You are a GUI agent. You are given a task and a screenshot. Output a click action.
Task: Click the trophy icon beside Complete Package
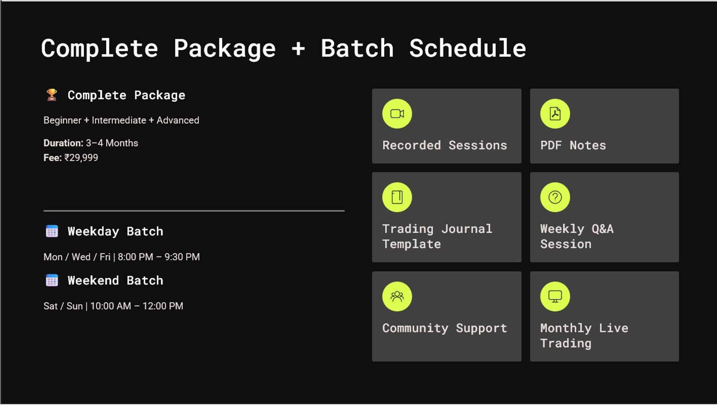[x=51, y=95]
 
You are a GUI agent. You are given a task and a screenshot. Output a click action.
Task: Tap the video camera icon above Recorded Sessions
[x=397, y=114]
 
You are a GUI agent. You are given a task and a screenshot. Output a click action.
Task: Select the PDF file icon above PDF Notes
[x=555, y=114]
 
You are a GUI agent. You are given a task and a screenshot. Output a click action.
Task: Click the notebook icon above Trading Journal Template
[x=397, y=197]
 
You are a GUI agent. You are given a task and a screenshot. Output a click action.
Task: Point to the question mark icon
[x=555, y=197]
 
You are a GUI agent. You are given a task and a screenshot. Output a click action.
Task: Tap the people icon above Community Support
[x=397, y=296]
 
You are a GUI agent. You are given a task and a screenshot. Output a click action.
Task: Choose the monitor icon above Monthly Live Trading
[x=555, y=296]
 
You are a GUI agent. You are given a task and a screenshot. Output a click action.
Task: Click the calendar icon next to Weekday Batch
[x=51, y=231]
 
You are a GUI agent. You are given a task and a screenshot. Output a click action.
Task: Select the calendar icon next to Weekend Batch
[x=51, y=280]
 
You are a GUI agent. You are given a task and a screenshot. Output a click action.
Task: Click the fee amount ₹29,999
[x=81, y=157]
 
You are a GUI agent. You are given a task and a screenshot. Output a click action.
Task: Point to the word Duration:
[x=63, y=143]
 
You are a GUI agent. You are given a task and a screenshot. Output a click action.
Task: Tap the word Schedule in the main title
[x=468, y=48]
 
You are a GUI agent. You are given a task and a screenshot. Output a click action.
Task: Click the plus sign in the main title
[x=298, y=49]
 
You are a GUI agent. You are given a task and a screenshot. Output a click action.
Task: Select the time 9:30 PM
[x=182, y=257]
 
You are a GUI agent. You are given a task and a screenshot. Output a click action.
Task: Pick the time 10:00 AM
[x=111, y=306]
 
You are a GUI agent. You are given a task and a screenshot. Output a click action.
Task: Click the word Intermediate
[x=119, y=120]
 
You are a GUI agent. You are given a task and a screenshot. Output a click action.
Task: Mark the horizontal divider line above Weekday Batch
[x=194, y=211]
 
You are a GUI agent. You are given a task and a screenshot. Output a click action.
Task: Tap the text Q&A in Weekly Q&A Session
[x=602, y=229]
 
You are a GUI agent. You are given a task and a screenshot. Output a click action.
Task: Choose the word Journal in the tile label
[x=467, y=229]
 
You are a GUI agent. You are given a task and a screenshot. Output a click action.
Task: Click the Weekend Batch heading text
[x=115, y=280]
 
